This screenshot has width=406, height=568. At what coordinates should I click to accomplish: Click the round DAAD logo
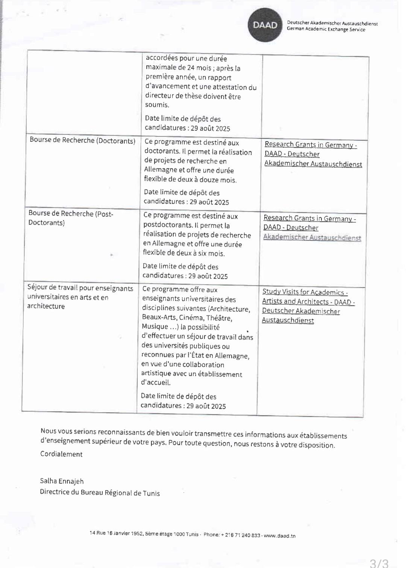(265, 25)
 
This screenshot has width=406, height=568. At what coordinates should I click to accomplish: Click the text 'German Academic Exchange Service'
(326, 29)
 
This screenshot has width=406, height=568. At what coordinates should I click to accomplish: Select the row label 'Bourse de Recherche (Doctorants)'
(82, 140)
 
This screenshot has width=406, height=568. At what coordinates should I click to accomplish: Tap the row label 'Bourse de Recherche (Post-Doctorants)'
(71, 218)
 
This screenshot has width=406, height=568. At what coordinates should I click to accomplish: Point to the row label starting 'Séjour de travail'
(80, 297)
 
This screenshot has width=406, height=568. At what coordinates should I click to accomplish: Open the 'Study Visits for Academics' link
(305, 292)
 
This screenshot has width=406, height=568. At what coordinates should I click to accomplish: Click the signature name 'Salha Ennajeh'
(62, 481)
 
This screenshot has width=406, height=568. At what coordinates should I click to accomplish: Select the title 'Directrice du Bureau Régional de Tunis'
(100, 492)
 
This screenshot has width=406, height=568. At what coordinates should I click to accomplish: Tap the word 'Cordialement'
(61, 454)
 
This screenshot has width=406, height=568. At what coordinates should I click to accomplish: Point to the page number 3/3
(379, 562)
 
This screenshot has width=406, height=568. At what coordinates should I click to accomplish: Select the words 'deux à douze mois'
(209, 180)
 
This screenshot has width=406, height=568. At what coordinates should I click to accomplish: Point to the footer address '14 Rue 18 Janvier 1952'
(117, 533)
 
